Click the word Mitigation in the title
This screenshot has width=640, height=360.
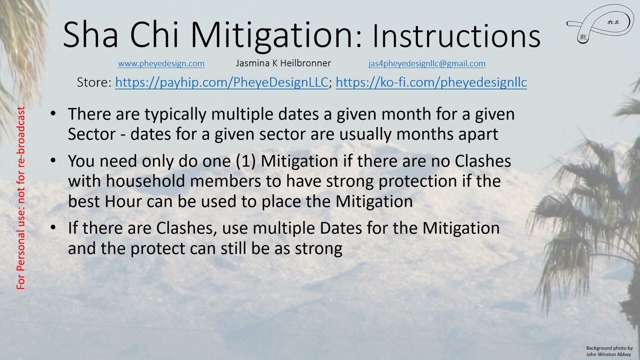pyautogui.click(x=272, y=35)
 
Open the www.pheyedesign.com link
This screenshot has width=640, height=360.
pyautogui.click(x=161, y=63)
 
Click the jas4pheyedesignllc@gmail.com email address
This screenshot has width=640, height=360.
pyautogui.click(x=426, y=63)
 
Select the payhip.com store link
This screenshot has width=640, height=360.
pyautogui.click(x=221, y=82)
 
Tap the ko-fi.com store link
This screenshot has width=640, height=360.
pyautogui.click(x=431, y=82)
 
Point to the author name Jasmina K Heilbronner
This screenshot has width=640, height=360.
pyautogui.click(x=283, y=63)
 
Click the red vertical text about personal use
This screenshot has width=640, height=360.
pyautogui.click(x=21, y=198)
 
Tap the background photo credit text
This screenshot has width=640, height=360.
pyautogui.click(x=609, y=351)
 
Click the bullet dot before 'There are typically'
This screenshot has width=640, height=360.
pyautogui.click(x=53, y=114)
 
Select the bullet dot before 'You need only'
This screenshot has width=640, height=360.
pyautogui.click(x=53, y=161)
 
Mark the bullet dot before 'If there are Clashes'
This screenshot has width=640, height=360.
pyautogui.click(x=53, y=228)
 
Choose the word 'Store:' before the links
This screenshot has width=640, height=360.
pyautogui.click(x=94, y=82)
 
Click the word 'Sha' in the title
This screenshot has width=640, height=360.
pyautogui.click(x=93, y=35)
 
